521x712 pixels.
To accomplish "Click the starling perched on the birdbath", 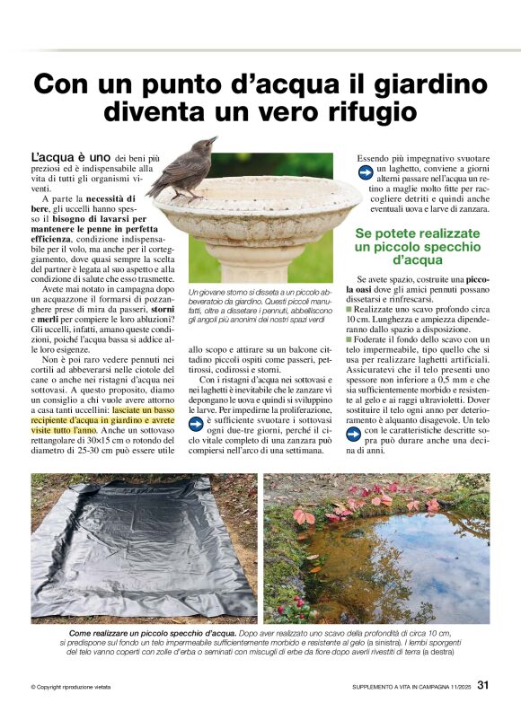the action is (x=183, y=168).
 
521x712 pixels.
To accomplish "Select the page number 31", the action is (x=483, y=687).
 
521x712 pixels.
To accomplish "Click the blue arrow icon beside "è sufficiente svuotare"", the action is (x=196, y=420).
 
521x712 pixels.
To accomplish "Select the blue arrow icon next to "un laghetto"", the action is (x=365, y=170).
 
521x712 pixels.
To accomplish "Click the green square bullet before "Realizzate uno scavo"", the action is (x=349, y=308).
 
